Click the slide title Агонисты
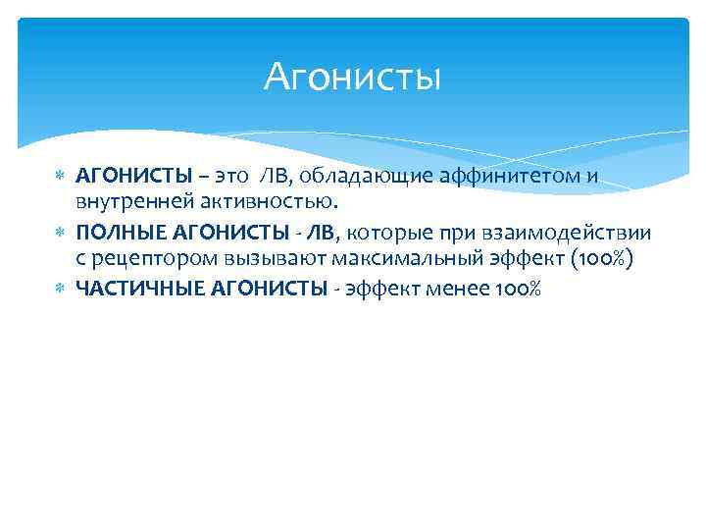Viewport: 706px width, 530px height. (x=352, y=77)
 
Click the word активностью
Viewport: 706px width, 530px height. (x=263, y=203)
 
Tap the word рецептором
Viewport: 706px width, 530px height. (x=146, y=259)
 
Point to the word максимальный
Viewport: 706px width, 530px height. (x=405, y=259)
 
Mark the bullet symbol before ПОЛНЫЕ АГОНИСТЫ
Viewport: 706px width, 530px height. (x=60, y=233)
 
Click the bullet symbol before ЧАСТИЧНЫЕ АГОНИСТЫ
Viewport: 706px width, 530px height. (x=60, y=289)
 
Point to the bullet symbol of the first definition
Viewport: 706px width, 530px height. (x=60, y=177)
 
